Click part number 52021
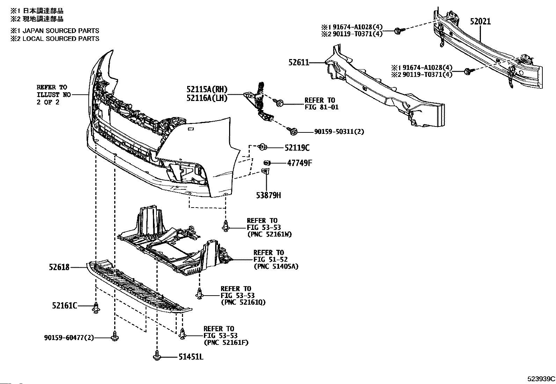480,22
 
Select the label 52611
299,63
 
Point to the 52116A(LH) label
207,99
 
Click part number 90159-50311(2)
334,132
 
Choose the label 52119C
297,148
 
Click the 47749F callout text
299,163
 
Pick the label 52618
59,267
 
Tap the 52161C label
64,306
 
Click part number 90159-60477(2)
69,338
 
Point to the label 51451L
191,357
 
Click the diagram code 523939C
541,379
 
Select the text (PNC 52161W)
269,234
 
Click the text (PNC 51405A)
276,267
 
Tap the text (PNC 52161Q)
243,302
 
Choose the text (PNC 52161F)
226,342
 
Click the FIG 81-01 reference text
321,107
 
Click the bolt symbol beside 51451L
156,356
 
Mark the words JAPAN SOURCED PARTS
60,31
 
